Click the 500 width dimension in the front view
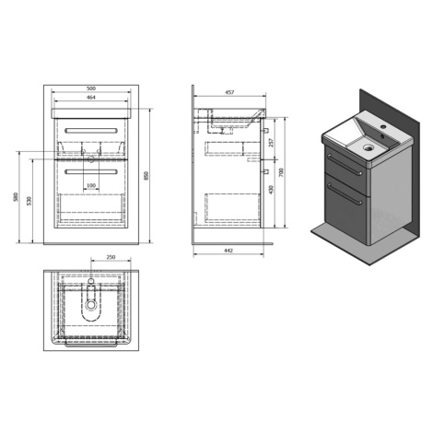[x=91, y=88]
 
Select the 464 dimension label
[x=91, y=98]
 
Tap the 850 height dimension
[x=146, y=176]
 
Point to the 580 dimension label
[x=16, y=197]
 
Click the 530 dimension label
[x=29, y=201]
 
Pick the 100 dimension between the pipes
[x=91, y=185]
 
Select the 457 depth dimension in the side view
[x=229, y=92]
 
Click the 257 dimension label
[x=271, y=143]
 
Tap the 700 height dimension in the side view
[x=282, y=172]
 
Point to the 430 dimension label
[x=271, y=190]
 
